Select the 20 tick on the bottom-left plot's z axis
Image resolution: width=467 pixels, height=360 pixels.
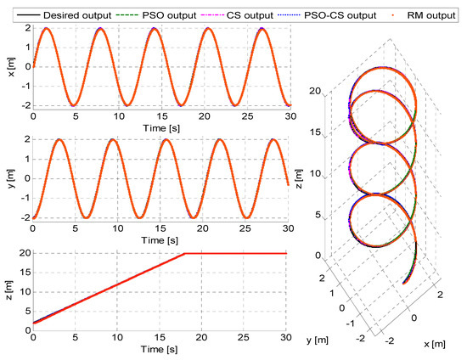(x=23, y=253)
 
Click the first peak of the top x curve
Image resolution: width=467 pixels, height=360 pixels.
(x=46, y=29)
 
